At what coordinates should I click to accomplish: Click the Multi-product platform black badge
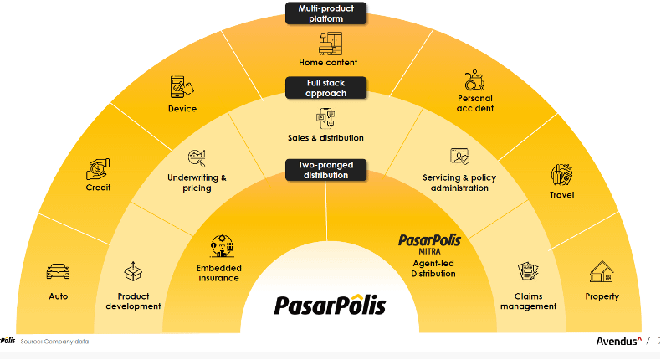tap(326, 13)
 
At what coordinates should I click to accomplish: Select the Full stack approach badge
tap(326, 88)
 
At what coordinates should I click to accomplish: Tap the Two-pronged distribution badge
tap(326, 170)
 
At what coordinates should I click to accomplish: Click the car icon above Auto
tap(58, 272)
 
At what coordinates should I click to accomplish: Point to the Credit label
tap(98, 188)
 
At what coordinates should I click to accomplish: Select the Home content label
tap(328, 63)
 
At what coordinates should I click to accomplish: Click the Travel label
tap(561, 196)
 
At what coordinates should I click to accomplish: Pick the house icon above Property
tap(602, 272)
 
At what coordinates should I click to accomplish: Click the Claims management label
tap(528, 301)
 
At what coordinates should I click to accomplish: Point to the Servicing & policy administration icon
tap(460, 157)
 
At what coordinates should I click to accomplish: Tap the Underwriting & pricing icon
tap(197, 157)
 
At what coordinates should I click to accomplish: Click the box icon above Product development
tap(133, 271)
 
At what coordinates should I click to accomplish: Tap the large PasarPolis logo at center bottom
tap(330, 303)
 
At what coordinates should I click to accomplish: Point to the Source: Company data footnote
tap(54, 342)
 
